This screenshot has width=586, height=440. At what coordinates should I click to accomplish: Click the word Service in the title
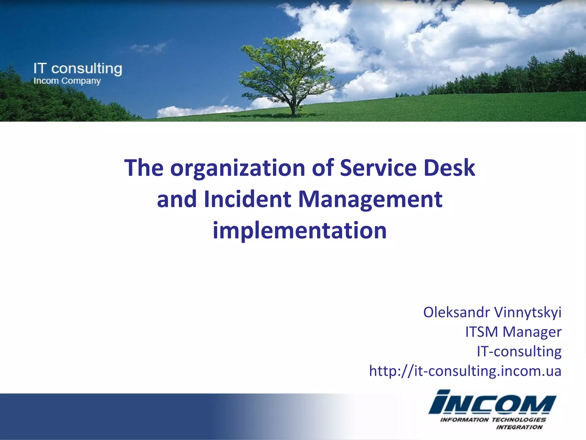click(x=378, y=168)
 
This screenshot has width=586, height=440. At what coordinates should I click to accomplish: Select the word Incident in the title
click(x=248, y=199)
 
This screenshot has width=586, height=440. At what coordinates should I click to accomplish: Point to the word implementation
click(x=300, y=231)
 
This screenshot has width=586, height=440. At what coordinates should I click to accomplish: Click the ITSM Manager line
click(x=513, y=332)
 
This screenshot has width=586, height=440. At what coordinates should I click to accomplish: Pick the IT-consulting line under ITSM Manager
click(x=519, y=351)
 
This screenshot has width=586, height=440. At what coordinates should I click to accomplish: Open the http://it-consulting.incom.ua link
click(x=465, y=371)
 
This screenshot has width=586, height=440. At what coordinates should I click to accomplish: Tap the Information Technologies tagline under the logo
click(x=493, y=420)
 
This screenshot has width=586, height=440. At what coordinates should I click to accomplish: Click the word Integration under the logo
click(x=519, y=427)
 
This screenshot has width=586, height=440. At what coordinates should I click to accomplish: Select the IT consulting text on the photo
click(x=78, y=69)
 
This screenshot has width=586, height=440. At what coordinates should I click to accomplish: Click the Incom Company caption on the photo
click(x=67, y=81)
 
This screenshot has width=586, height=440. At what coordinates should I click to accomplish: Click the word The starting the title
click(x=144, y=168)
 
